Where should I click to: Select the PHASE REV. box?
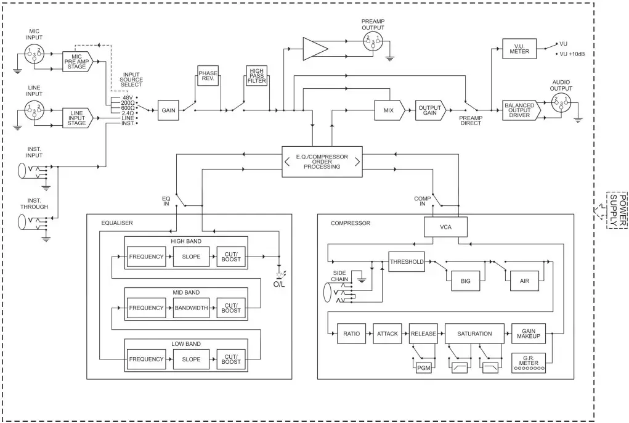coord(208,76)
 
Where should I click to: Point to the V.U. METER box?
coord(515,49)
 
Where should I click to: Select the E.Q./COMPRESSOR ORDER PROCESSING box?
coord(322,162)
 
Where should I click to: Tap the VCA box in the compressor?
coord(444,227)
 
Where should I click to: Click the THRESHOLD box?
coord(407,261)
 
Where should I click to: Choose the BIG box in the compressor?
coord(465,281)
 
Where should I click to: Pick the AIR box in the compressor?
coord(524,281)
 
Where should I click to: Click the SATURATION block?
coord(475,334)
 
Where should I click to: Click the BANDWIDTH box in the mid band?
coord(191,308)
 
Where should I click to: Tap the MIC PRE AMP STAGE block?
coord(77,62)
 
